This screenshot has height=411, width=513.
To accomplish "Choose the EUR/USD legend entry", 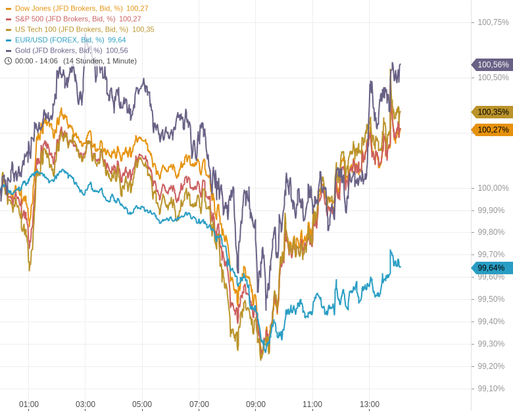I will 68,40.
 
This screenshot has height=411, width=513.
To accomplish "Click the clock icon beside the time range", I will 9,61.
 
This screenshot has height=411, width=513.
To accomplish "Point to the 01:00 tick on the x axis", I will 29,404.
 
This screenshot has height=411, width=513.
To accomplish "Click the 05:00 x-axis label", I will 142,404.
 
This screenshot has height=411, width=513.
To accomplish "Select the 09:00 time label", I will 256,404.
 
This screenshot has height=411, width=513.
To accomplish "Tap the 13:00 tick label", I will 370,404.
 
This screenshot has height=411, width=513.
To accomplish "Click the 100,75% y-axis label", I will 493,22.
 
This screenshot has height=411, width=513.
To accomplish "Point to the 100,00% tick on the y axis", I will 493,188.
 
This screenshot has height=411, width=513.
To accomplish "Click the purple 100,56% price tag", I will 493,64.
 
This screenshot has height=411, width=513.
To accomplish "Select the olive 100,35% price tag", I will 493,112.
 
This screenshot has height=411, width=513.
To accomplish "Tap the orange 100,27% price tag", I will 493,130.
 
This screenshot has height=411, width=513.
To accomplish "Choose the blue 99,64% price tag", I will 491,268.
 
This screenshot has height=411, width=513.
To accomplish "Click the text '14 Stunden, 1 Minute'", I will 100,61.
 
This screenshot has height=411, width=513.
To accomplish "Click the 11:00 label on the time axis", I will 312,404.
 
